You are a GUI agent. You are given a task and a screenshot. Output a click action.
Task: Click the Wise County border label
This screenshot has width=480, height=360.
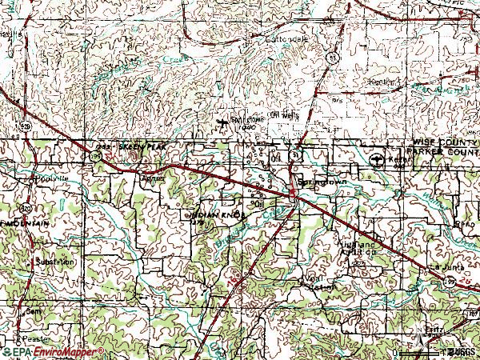pyautogui.click(x=439, y=141)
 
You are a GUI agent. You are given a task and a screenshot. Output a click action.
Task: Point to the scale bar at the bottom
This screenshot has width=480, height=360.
pyautogui.click(x=420, y=353)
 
